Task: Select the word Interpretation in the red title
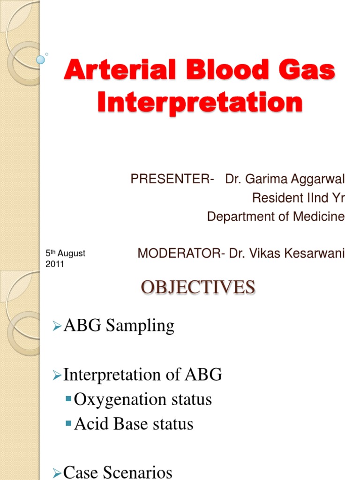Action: point(200,102)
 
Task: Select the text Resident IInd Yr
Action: point(298,198)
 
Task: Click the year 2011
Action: point(54,264)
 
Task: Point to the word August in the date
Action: point(72,254)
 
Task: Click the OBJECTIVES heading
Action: point(198,287)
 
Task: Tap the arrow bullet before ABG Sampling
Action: point(57,326)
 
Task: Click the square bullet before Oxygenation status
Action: point(69,399)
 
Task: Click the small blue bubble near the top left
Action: point(41,60)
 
